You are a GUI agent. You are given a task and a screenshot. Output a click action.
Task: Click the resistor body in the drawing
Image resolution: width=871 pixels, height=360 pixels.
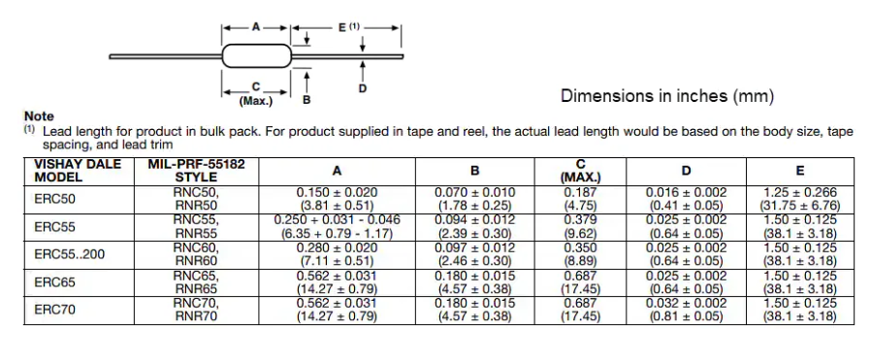coord(257,56)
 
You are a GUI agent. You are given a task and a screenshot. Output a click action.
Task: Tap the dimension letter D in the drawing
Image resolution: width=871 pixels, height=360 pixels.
coord(362,88)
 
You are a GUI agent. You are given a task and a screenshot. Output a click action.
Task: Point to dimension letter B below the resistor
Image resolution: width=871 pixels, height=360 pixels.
coord(306,101)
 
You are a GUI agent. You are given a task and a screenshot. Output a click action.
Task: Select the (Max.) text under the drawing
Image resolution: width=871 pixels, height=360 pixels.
coord(256,102)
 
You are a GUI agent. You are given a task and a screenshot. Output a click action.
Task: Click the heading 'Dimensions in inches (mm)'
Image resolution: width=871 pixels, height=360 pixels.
coord(667,96)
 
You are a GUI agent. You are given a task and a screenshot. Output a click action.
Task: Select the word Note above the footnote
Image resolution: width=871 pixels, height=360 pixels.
coord(39,116)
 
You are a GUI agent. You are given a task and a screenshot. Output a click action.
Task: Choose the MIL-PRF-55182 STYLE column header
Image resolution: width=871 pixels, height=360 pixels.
coord(196,171)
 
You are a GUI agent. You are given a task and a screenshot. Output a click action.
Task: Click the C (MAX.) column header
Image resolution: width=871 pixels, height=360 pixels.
coord(580,171)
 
